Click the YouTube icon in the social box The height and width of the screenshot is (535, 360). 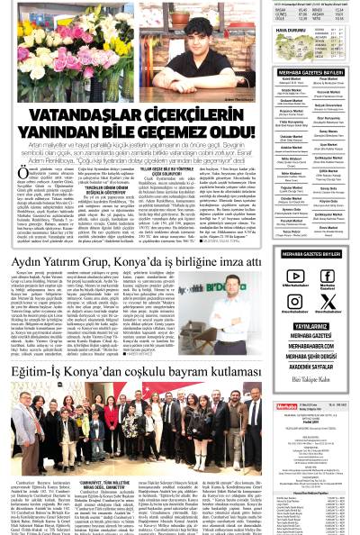coord(294,277)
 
